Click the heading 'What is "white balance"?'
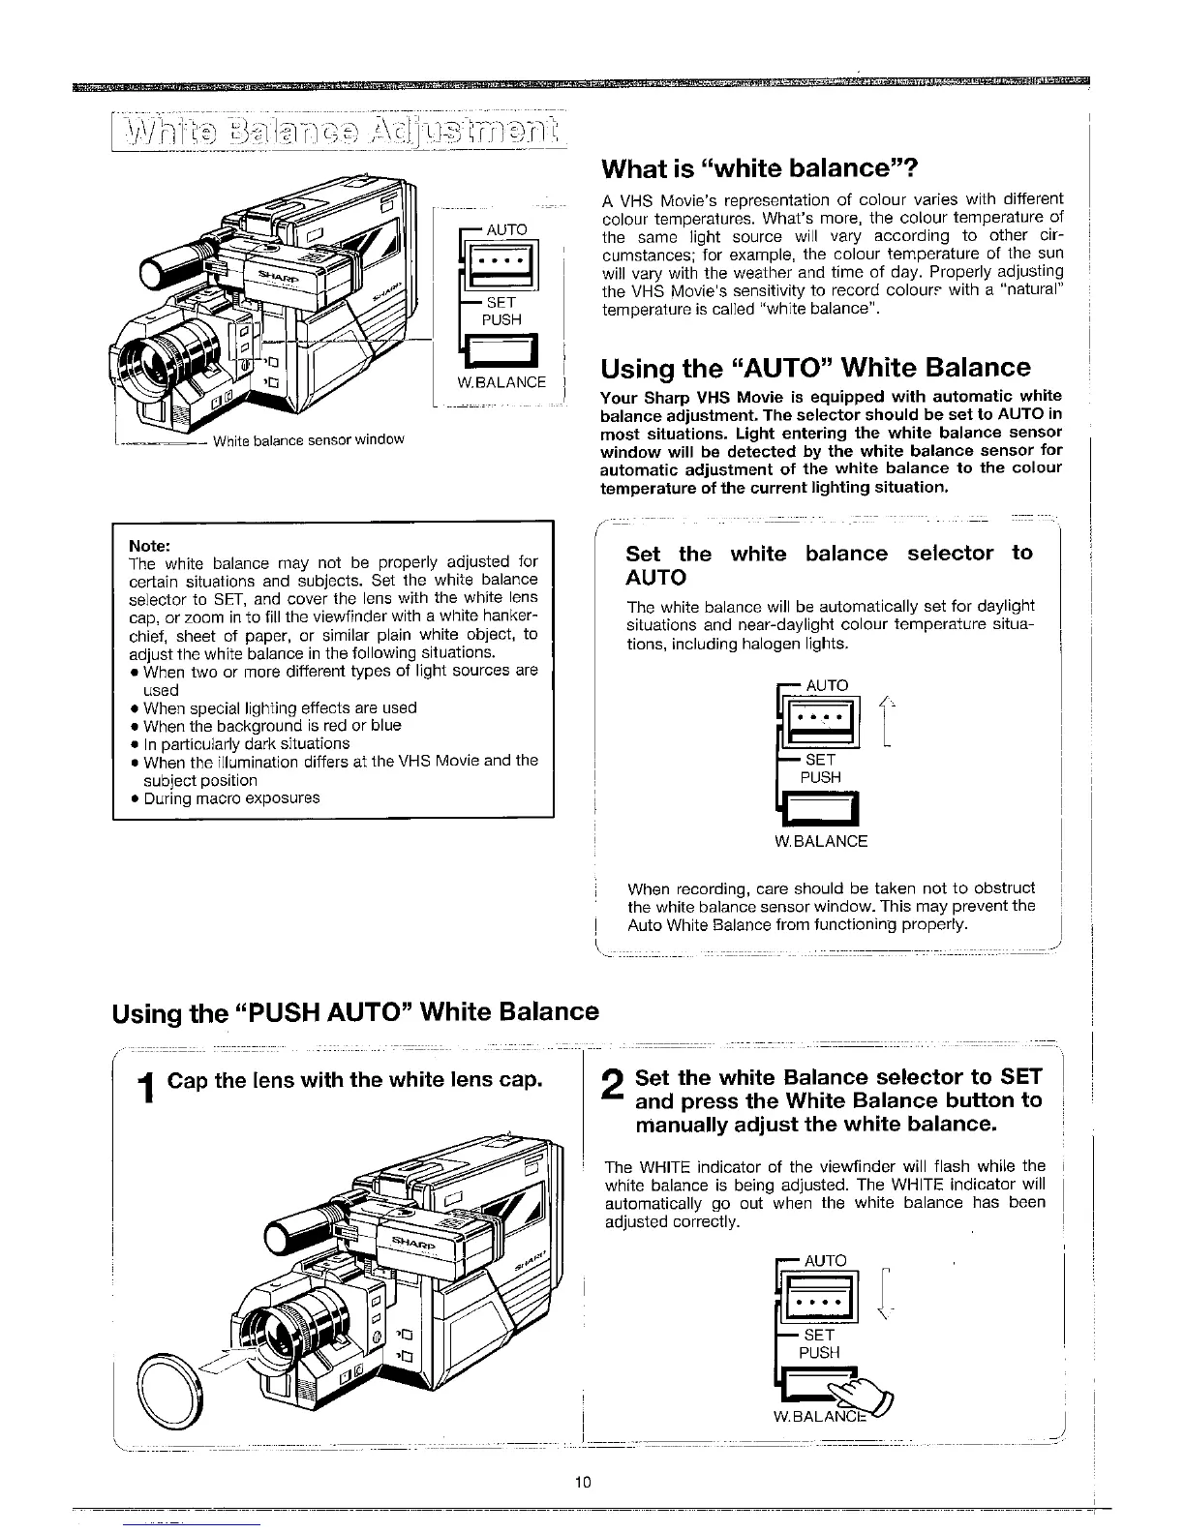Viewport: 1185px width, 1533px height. click(x=752, y=168)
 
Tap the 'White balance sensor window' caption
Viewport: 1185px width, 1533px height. click(x=307, y=440)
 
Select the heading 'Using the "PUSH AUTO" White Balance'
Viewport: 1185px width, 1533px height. click(x=356, y=1012)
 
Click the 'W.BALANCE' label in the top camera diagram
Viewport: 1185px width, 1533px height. click(x=501, y=382)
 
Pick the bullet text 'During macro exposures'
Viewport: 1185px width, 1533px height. click(x=231, y=798)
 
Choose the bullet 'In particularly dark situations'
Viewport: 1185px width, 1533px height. click(x=246, y=743)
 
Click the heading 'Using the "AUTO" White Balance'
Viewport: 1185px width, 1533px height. click(x=815, y=368)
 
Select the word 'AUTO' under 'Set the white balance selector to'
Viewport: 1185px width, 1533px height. click(x=656, y=578)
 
